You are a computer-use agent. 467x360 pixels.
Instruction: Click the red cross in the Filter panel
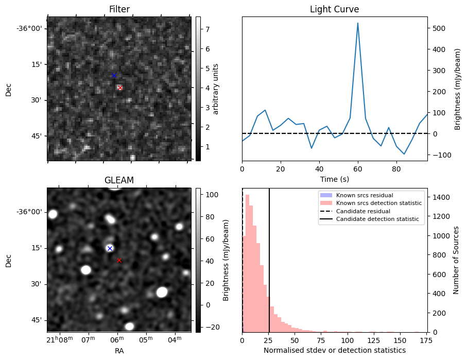[120, 88]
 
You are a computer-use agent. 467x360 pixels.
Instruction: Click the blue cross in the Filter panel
[114, 75]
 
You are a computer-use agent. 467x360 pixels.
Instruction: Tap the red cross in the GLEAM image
[119, 261]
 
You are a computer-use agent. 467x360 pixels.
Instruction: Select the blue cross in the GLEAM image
[110, 248]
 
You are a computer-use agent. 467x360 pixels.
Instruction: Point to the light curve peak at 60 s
[358, 23]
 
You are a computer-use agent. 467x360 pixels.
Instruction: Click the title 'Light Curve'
[335, 9]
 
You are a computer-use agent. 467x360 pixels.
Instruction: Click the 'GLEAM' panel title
[119, 180]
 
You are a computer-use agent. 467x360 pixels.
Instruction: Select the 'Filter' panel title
[119, 9]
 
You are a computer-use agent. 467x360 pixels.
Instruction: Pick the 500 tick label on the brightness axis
[439, 29]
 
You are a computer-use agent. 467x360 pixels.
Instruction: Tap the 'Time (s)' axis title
[335, 179]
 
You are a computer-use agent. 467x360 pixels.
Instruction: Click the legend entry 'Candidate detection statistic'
[377, 219]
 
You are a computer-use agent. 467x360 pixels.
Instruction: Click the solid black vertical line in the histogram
[269, 260]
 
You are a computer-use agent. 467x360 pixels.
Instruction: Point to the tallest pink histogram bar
[247, 264]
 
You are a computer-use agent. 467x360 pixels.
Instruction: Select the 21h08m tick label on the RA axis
[60, 339]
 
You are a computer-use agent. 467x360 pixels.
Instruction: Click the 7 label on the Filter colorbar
[207, 29]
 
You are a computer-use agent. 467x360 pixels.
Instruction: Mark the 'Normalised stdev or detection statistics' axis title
[335, 350]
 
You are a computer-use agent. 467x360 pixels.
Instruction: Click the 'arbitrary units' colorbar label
[216, 89]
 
